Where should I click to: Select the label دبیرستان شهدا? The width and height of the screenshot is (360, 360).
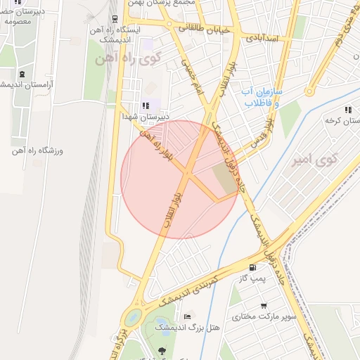146,117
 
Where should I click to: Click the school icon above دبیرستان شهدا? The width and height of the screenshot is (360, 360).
146,105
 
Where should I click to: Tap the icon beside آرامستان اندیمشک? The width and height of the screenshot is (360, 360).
22,74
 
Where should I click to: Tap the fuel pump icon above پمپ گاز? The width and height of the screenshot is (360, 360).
252,268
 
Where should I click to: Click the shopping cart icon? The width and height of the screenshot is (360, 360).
264,306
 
